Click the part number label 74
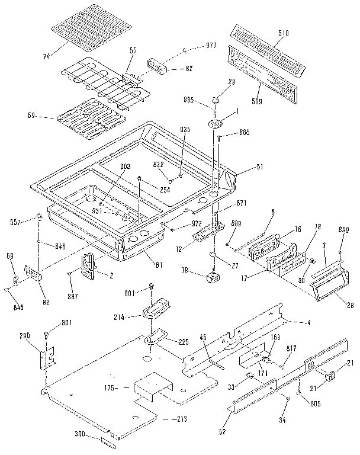[46, 56]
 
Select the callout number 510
[284, 34]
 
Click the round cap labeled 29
[217, 97]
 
